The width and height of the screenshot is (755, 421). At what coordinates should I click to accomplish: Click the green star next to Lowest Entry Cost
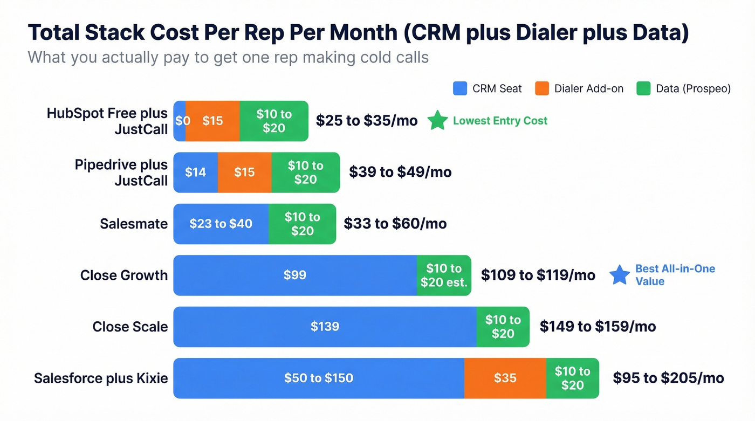pyautogui.click(x=437, y=121)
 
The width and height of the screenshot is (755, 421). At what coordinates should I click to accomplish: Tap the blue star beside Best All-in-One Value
pyautogui.click(x=619, y=275)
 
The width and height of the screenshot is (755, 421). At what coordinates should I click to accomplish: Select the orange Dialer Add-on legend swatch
pyautogui.click(x=541, y=88)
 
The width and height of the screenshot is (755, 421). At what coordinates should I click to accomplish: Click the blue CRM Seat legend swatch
pyautogui.click(x=459, y=88)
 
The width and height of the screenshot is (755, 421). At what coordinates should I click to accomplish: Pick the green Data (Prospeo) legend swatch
pyautogui.click(x=643, y=88)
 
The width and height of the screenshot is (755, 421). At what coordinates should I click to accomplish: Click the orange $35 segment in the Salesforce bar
pyautogui.click(x=505, y=378)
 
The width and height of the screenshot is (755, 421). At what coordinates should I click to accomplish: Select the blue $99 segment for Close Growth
pyautogui.click(x=295, y=275)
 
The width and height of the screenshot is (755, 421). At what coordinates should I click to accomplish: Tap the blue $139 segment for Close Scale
pyautogui.click(x=325, y=326)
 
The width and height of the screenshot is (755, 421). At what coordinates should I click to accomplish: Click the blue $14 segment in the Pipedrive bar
pyautogui.click(x=195, y=172)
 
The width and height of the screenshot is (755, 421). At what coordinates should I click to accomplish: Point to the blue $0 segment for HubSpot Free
pyautogui.click(x=180, y=121)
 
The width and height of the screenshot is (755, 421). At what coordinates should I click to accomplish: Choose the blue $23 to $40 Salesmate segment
pyautogui.click(x=221, y=224)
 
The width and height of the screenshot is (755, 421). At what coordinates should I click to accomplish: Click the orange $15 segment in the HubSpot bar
pyautogui.click(x=212, y=121)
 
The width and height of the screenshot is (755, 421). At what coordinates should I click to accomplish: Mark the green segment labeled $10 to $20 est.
pyautogui.click(x=444, y=275)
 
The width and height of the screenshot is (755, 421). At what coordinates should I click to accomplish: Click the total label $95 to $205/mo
pyautogui.click(x=668, y=378)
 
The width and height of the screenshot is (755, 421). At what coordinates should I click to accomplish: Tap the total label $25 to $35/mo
pyautogui.click(x=367, y=121)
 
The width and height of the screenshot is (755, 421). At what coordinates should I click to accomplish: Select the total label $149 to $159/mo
pyautogui.click(x=598, y=326)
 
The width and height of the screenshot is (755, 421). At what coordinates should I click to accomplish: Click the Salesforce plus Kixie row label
pyautogui.click(x=101, y=378)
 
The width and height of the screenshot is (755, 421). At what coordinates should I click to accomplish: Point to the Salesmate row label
pyautogui.click(x=134, y=224)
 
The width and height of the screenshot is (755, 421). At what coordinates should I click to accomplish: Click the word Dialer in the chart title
pyautogui.click(x=555, y=33)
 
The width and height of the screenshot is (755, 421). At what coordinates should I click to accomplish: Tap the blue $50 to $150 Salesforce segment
pyautogui.click(x=319, y=378)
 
